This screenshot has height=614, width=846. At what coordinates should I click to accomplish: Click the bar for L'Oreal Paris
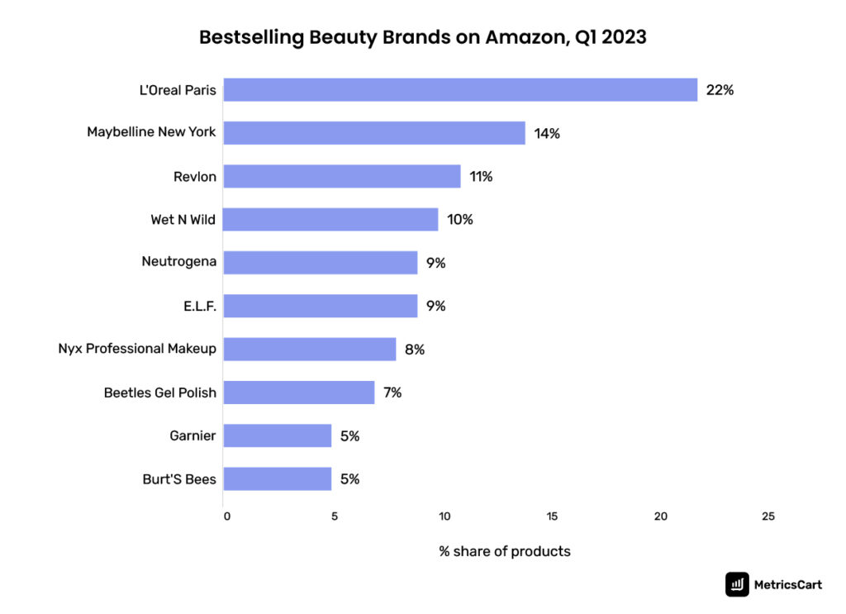click(x=460, y=90)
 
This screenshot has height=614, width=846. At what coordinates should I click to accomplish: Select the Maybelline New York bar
click(x=374, y=133)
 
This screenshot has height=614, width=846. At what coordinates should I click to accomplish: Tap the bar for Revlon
click(x=342, y=176)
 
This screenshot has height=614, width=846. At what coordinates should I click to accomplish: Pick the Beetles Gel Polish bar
click(x=299, y=393)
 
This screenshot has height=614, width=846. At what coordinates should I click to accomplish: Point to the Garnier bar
click(x=278, y=436)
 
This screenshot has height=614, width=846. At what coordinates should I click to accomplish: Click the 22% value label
click(x=720, y=90)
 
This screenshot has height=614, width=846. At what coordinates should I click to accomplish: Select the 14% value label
click(x=547, y=133)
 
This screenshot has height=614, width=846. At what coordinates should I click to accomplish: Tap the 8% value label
click(x=415, y=350)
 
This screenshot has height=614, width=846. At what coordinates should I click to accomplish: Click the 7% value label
click(x=392, y=393)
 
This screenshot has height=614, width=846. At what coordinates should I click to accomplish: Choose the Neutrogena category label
click(x=179, y=262)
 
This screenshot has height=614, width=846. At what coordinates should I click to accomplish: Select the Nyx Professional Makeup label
click(x=137, y=349)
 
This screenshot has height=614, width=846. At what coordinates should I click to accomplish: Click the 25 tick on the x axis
click(x=768, y=516)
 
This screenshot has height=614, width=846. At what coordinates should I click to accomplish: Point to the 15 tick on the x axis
click(x=552, y=516)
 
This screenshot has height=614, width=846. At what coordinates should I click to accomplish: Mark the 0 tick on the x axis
click(x=227, y=516)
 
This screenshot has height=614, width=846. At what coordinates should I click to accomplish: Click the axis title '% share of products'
click(x=504, y=551)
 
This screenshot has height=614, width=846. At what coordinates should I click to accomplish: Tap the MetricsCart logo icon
click(x=737, y=584)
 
